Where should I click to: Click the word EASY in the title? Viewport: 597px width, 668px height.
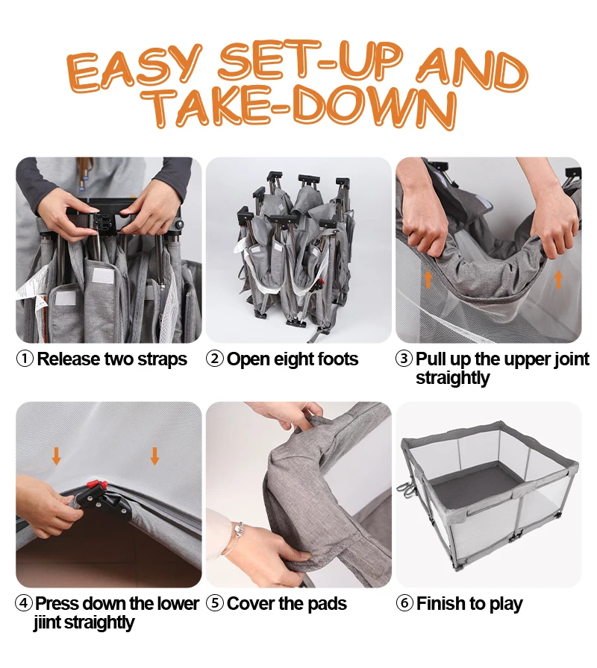134,69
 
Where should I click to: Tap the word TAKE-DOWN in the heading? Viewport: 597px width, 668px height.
298,107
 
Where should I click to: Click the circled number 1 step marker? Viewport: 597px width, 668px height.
25,359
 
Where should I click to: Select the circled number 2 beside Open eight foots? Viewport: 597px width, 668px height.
214,359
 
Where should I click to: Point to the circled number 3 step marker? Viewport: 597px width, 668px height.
404,359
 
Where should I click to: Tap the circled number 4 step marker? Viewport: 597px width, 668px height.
24,603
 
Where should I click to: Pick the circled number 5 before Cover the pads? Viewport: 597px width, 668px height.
214,603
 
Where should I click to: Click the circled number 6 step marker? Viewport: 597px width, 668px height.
404,603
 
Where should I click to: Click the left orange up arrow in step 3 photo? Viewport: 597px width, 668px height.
428,280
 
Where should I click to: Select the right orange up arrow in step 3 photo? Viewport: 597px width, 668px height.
558,280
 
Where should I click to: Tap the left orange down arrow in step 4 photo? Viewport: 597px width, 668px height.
56,456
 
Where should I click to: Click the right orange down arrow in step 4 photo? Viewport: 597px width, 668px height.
154,456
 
